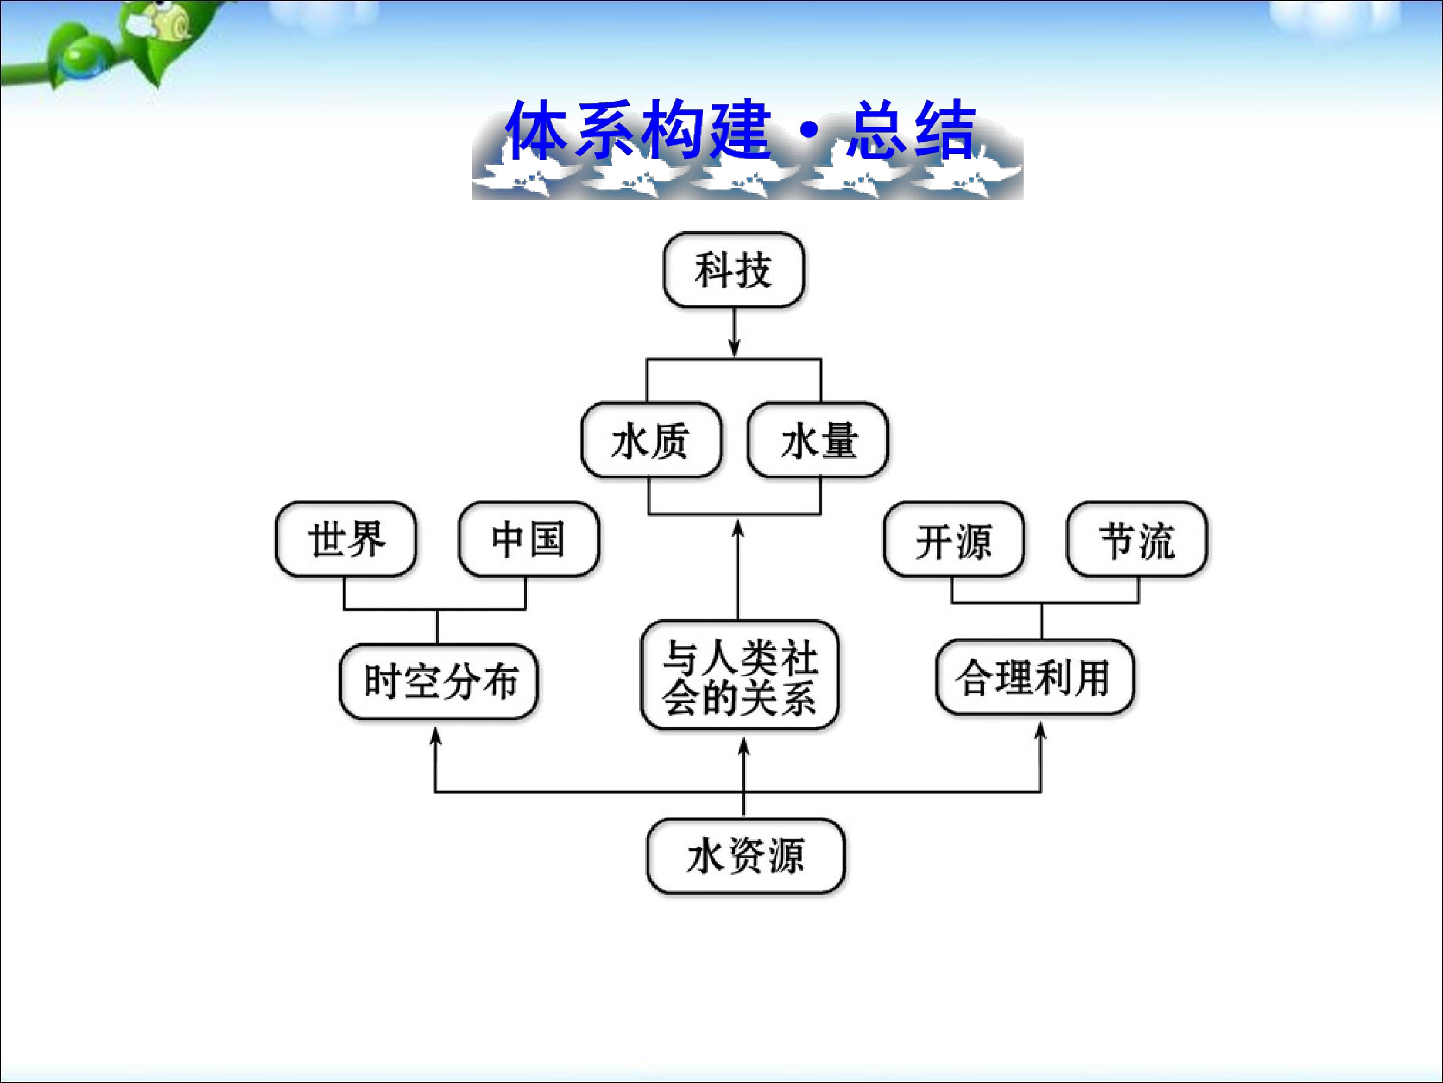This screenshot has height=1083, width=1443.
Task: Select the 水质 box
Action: (x=651, y=440)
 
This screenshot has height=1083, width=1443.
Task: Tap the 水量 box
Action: (x=818, y=440)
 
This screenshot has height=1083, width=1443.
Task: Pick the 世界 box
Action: (x=346, y=539)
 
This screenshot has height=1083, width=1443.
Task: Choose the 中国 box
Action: (x=529, y=539)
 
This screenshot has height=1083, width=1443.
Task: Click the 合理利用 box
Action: (x=1035, y=677)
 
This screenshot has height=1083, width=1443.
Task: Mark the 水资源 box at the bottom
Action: (x=746, y=856)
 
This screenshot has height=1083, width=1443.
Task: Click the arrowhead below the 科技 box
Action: (x=735, y=349)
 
